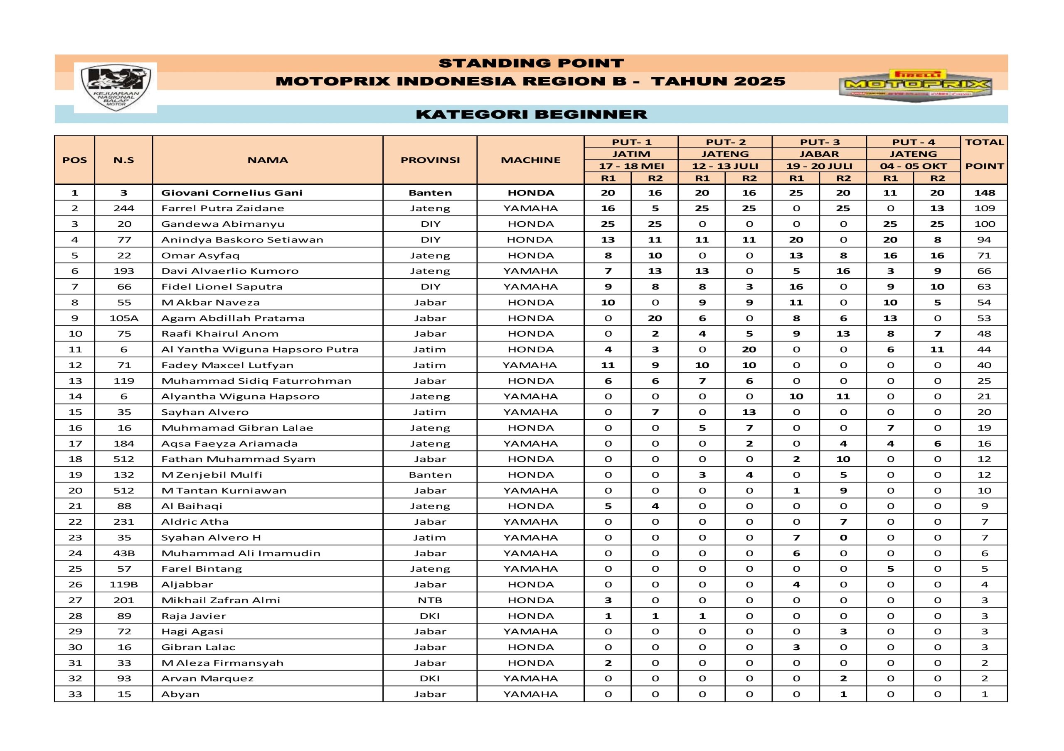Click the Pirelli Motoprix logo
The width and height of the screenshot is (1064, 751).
click(915, 85)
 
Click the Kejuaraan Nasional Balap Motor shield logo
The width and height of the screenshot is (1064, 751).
click(116, 88)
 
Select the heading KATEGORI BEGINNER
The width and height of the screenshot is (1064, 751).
click(531, 114)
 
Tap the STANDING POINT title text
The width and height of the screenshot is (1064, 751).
click(531, 63)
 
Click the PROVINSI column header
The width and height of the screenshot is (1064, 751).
click(430, 160)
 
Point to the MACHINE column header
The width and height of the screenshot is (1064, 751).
click(531, 160)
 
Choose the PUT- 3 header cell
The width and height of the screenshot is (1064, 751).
click(819, 142)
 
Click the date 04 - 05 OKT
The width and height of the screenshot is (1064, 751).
click(913, 166)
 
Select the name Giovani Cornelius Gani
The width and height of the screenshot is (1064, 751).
click(232, 193)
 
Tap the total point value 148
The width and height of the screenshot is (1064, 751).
click(984, 193)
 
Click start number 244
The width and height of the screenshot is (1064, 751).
click(124, 208)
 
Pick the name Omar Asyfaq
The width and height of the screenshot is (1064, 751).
click(200, 256)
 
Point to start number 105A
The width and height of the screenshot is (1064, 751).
click(124, 318)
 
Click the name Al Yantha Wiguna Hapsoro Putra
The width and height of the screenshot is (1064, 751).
click(259, 350)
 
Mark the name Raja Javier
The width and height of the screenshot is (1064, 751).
click(194, 616)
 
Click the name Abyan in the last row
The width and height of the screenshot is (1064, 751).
click(180, 694)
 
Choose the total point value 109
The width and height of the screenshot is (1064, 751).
click(984, 208)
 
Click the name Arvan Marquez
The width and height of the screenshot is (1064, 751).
click(207, 678)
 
